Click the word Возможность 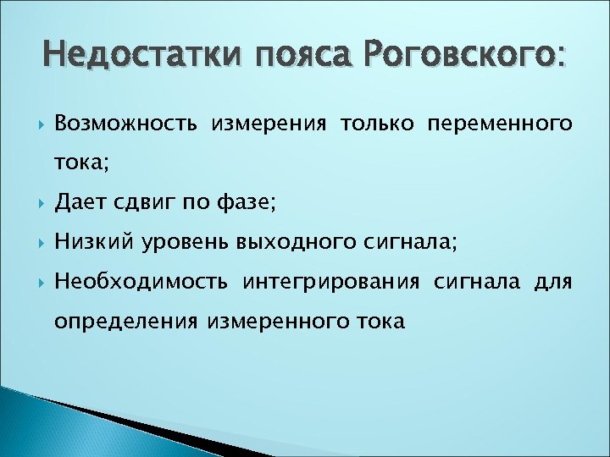point(126,124)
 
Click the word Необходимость point(140,282)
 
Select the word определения point(125,321)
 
